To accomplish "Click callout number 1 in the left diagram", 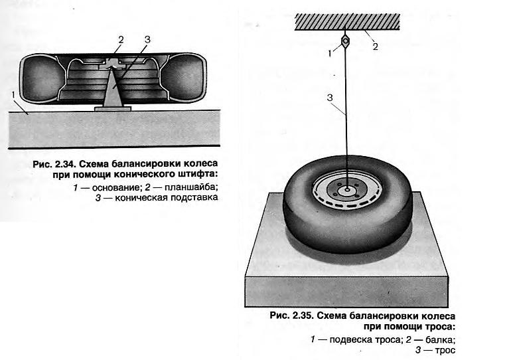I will (x=14, y=95).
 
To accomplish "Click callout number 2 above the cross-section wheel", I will (x=121, y=40).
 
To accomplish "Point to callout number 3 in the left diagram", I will (x=147, y=39).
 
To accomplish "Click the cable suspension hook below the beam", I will (x=346, y=42).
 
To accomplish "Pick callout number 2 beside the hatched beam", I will (x=374, y=46).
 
